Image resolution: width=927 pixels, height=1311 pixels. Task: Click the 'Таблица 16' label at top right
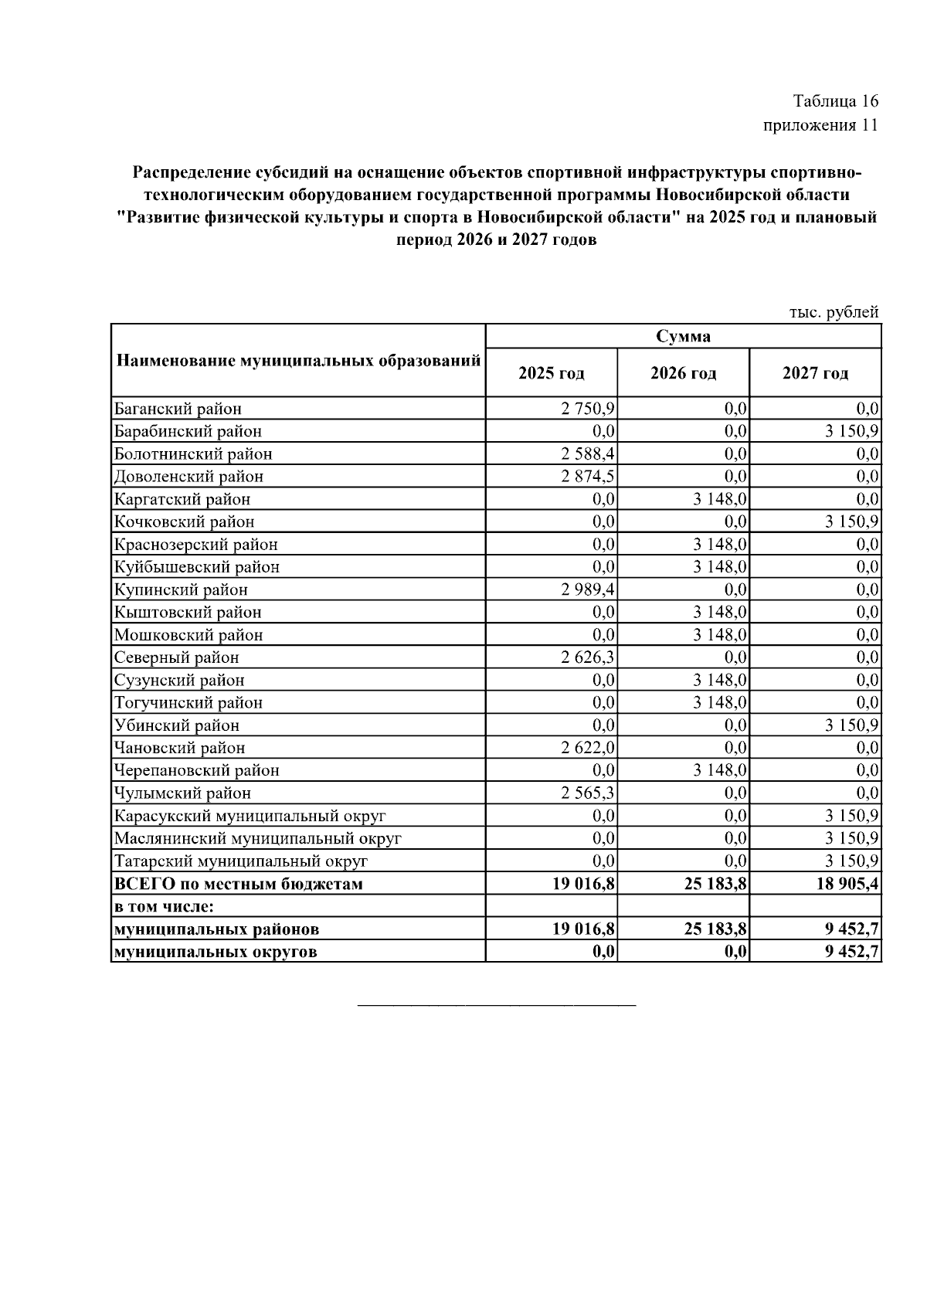click(x=835, y=101)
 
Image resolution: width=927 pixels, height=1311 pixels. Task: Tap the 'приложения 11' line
click(x=820, y=126)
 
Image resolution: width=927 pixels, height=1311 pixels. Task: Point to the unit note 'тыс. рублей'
click(x=834, y=313)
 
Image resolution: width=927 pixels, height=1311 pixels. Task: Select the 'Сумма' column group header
click(x=683, y=336)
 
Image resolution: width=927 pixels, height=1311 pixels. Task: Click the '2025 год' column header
click(x=551, y=373)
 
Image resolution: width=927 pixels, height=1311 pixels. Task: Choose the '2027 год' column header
click(x=815, y=373)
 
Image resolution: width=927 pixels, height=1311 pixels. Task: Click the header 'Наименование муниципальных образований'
click(x=298, y=361)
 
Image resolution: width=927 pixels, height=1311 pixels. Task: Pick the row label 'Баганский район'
click(x=178, y=409)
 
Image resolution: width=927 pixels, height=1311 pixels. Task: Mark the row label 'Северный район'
click(x=176, y=657)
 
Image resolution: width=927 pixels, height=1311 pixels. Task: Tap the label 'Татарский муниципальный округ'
click(x=240, y=861)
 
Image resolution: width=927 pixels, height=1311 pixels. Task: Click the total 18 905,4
click(x=847, y=883)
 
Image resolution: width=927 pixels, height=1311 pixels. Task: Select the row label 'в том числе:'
click(x=163, y=905)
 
